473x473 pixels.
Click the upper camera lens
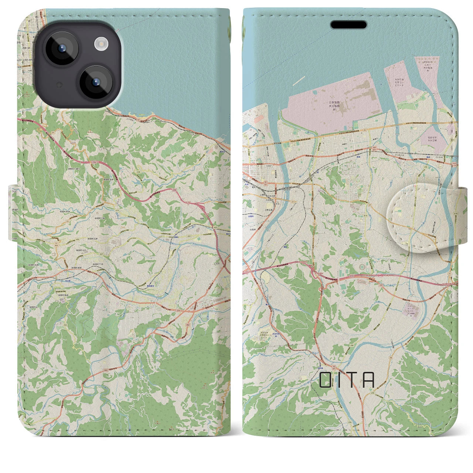click(x=61, y=48)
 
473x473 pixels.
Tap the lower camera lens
click(x=95, y=82)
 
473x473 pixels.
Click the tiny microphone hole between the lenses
click(x=58, y=85)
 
